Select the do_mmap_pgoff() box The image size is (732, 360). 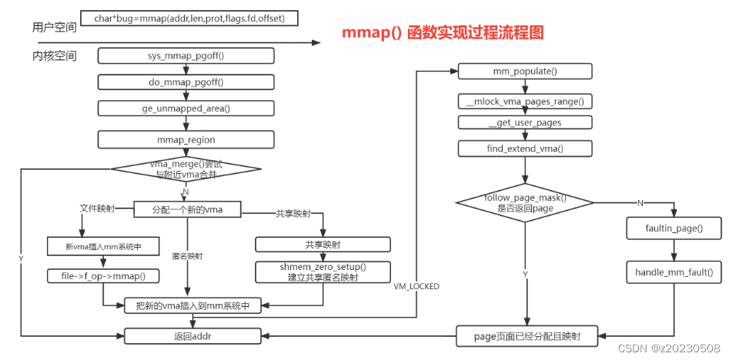click(186, 82)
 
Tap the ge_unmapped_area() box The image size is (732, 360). click(186, 108)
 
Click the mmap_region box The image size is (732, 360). click(186, 140)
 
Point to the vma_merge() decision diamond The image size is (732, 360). click(186, 169)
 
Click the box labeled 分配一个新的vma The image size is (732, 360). click(187, 208)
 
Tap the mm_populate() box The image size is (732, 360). click(524, 72)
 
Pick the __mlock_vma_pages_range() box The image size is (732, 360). click(524, 102)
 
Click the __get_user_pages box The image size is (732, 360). click(524, 122)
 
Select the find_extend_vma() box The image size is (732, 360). click(524, 148)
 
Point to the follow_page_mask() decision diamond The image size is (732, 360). click(524, 202)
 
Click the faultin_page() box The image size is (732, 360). click(674, 228)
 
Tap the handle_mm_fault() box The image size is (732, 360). click(674, 272)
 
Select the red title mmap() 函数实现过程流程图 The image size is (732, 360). click(443, 33)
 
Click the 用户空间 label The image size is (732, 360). click(55, 28)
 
